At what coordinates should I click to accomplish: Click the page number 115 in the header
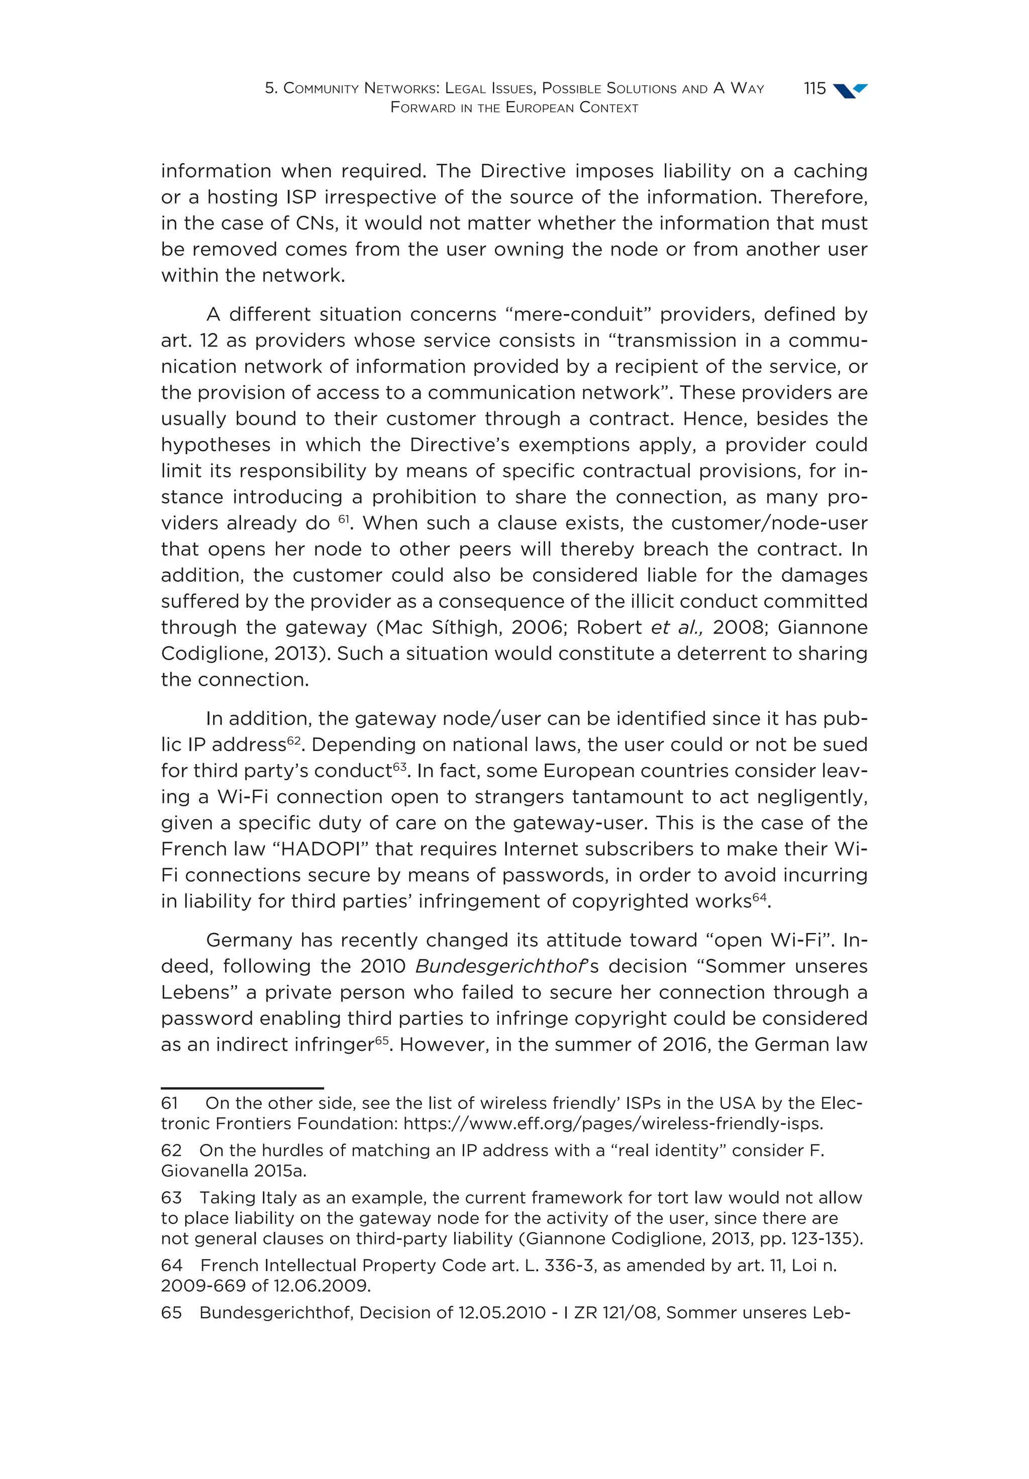click(814, 88)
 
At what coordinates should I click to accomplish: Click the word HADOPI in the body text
click(321, 849)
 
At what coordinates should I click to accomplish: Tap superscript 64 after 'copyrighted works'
click(760, 897)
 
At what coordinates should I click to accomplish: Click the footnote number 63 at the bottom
click(171, 1198)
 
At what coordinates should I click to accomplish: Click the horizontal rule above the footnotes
click(242, 1088)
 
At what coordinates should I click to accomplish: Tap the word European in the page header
click(540, 108)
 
